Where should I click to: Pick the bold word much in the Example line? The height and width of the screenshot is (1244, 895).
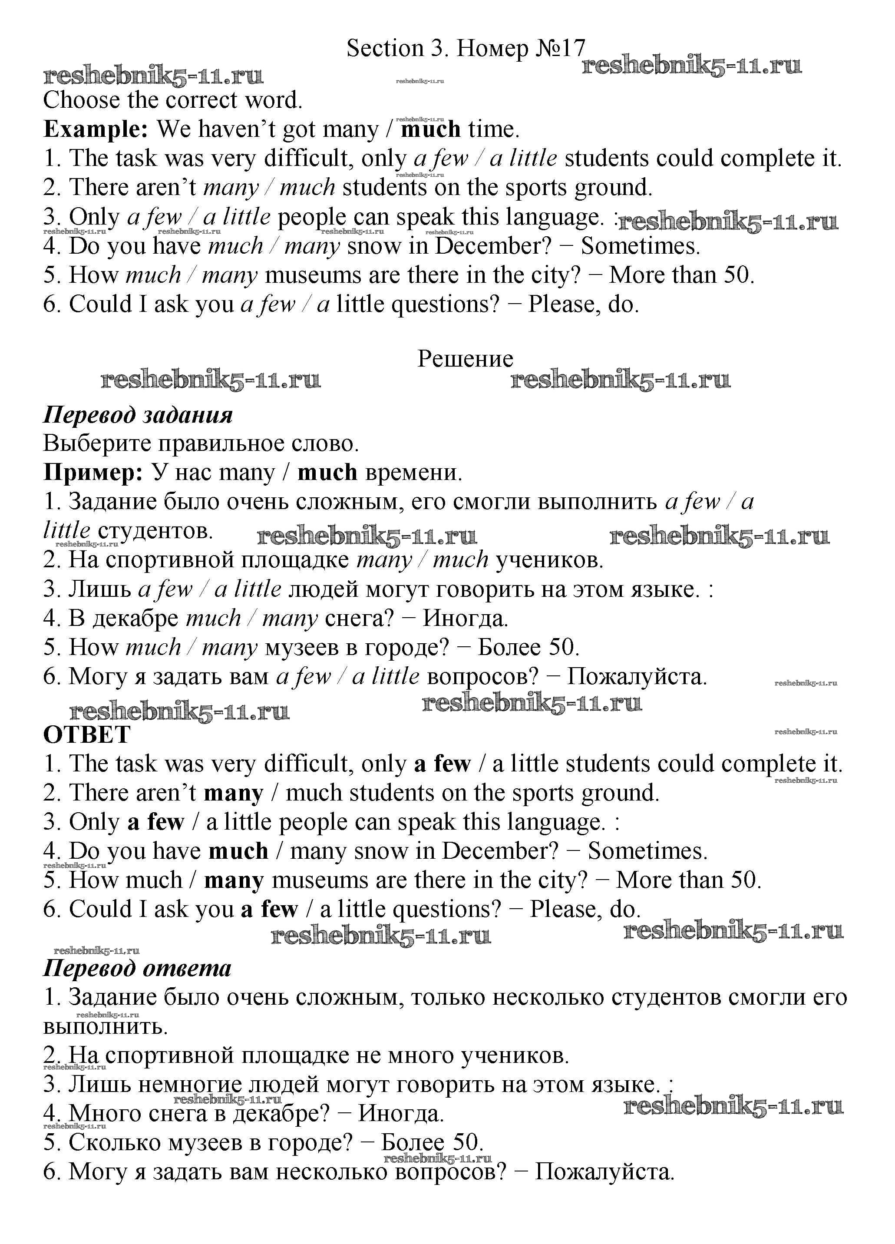point(430,130)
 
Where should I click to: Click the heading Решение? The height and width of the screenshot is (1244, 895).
point(465,359)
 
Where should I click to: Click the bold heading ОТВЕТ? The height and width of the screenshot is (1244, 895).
point(87,735)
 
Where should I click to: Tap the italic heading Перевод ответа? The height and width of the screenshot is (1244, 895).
point(137,968)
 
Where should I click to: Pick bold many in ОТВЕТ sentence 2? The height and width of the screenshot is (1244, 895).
point(234,794)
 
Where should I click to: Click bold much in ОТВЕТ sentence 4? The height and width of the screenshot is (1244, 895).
point(238,851)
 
